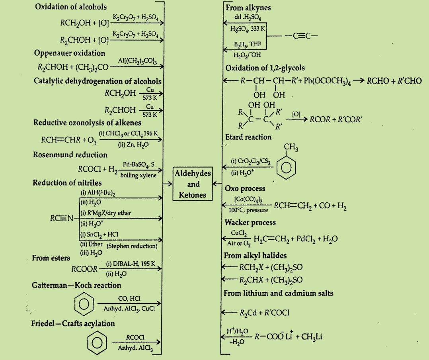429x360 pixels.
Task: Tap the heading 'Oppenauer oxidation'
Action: [70, 53]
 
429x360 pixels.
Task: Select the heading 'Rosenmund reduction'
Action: [70, 155]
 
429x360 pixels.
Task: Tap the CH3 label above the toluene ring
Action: [291, 147]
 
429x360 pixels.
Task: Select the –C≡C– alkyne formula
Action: [301, 36]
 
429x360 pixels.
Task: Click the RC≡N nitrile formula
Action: [62, 218]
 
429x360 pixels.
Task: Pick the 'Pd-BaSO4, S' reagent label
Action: [138, 164]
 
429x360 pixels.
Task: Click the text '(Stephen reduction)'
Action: [132, 246]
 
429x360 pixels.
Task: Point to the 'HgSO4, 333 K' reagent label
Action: [248, 28]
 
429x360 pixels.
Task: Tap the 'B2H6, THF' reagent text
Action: [248, 44]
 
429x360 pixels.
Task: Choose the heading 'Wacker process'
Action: [250, 222]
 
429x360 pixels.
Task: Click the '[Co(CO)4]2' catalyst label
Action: [248, 200]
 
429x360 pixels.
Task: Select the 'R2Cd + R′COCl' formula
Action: [264, 313]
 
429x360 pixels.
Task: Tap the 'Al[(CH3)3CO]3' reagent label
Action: [137, 61]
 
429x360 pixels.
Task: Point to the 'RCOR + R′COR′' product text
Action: [336, 119]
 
